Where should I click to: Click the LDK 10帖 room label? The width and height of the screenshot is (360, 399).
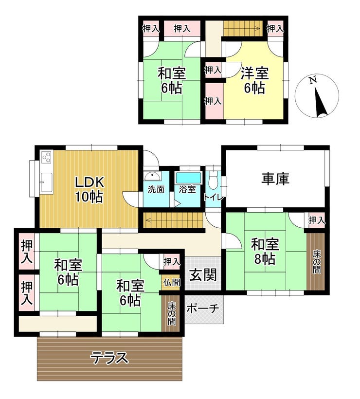pos(89,190)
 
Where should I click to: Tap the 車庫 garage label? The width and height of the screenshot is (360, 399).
pos(275,179)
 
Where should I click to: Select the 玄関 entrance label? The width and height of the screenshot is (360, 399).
pos(203,275)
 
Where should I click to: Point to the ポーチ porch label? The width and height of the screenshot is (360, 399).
pos(203,308)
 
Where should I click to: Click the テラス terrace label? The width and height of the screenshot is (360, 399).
pos(109,358)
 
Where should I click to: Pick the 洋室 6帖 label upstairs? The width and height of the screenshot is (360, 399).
pos(254,80)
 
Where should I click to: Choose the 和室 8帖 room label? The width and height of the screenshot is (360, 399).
pos(265,252)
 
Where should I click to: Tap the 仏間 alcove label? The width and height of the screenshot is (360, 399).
pos(172,282)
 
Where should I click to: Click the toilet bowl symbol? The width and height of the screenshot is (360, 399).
pos(212,180)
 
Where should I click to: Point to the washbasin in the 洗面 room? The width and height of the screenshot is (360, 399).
pos(152,176)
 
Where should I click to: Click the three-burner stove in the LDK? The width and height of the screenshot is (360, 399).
pos(47,157)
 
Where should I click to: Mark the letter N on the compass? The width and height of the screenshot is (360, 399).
pos(313,80)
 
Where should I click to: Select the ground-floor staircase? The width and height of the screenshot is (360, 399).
pos(174,220)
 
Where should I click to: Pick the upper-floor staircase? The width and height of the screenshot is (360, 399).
pos(243,28)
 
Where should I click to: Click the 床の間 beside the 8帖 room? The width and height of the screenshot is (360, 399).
pos(316,262)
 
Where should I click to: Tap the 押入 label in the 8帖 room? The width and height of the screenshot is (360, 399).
pos(317,220)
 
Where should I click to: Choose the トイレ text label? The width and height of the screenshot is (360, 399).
pos(214,197)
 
